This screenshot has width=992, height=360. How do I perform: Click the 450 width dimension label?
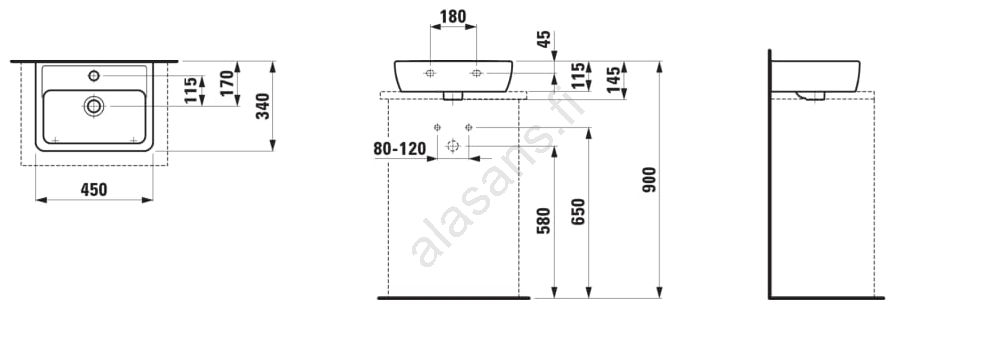click(94, 189)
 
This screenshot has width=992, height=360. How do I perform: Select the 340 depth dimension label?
click(263, 106)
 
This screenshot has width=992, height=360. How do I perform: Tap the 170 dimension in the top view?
click(228, 83)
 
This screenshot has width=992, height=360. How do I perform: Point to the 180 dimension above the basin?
click(453, 17)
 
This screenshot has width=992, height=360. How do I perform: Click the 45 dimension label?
click(544, 40)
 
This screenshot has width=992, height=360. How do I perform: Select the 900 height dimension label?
click(649, 180)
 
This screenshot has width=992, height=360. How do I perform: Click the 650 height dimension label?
click(579, 212)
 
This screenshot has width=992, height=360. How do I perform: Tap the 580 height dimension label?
click(544, 221)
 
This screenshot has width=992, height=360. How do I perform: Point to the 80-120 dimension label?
click(399, 150)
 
